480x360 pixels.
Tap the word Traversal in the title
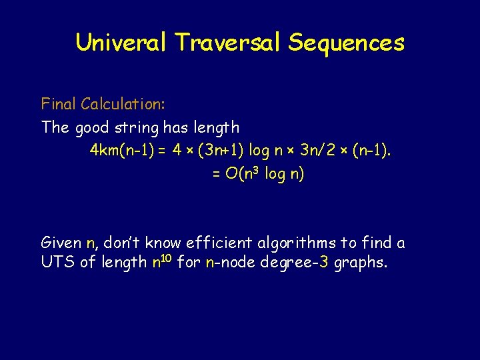click(x=229, y=43)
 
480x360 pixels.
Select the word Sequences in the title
click(x=346, y=43)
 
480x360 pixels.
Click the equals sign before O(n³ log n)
click(x=216, y=175)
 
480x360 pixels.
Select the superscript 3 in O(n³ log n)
click(x=257, y=170)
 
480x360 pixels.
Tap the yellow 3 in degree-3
click(x=323, y=262)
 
